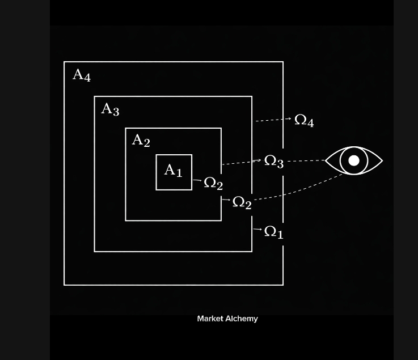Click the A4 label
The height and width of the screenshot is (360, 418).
(x=82, y=75)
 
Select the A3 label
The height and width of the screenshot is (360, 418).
(x=110, y=109)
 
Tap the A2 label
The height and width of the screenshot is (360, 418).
(x=141, y=140)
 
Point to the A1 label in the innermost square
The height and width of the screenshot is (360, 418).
(x=173, y=170)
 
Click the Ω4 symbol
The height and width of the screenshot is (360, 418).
(x=304, y=121)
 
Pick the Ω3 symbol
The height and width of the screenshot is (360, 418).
(x=274, y=162)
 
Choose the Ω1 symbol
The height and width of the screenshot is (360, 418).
(x=274, y=232)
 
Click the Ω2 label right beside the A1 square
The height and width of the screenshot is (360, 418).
(x=213, y=184)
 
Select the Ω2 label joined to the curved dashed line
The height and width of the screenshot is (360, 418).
(x=242, y=202)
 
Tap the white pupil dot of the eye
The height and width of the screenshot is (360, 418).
(x=354, y=160)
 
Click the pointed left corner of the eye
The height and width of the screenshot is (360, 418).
(x=326, y=160)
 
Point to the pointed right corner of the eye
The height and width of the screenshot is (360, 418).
(x=382, y=160)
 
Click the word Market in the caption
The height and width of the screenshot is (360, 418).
(x=210, y=319)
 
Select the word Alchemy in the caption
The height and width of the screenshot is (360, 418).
(x=242, y=319)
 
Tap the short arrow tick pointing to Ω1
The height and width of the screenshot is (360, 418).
(x=257, y=230)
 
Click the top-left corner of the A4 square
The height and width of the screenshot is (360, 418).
(x=64, y=62)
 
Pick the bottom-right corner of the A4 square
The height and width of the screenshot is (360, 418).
(x=283, y=285)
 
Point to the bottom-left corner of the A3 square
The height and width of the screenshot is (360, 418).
(x=95, y=251)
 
